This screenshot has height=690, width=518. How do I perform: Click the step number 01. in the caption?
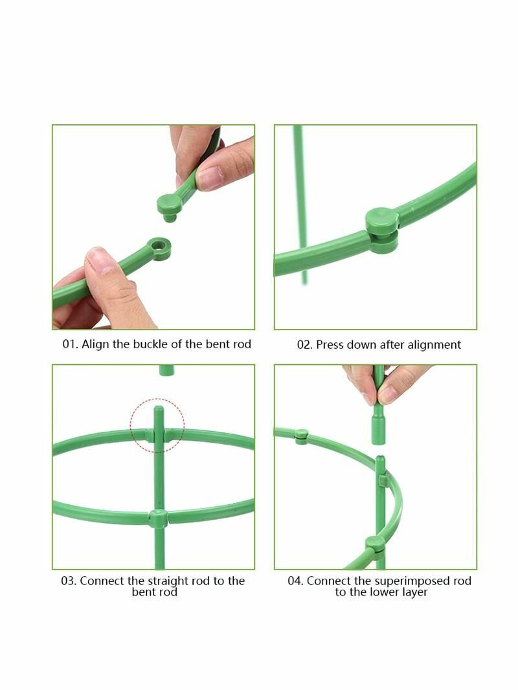coord(69,344)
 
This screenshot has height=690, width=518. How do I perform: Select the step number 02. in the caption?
coord(304,344)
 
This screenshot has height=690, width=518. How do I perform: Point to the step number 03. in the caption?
coord(69,581)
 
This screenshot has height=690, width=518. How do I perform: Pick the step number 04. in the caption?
coord(295,581)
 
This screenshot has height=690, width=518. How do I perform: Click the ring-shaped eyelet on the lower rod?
coord(159,248)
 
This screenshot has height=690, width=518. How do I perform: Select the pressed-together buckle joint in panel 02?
coord(382,230)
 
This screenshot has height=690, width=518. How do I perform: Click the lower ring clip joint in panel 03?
coord(158,518)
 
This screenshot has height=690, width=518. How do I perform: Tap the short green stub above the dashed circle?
coord(166,370)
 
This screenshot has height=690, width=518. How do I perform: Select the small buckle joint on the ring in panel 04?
coord(301,436)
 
